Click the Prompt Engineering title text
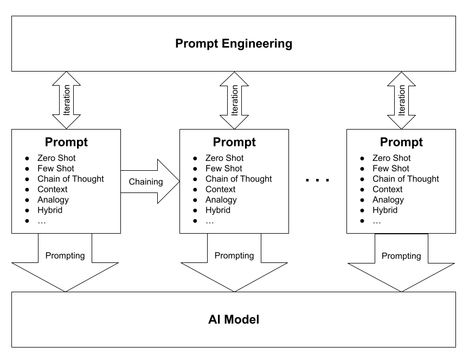click(234, 44)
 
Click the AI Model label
click(234, 320)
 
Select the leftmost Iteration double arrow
click(66, 100)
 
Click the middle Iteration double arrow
click(234, 100)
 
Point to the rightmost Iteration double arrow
click(401, 100)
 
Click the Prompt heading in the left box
click(66, 143)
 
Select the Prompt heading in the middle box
click(234, 143)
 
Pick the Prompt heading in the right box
click(401, 143)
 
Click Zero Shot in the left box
click(56, 158)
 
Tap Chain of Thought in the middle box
click(239, 179)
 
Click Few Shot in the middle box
click(223, 169)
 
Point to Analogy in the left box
click(53, 200)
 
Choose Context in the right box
click(387, 189)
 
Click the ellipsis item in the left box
click(42, 221)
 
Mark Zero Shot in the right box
click(391, 158)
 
